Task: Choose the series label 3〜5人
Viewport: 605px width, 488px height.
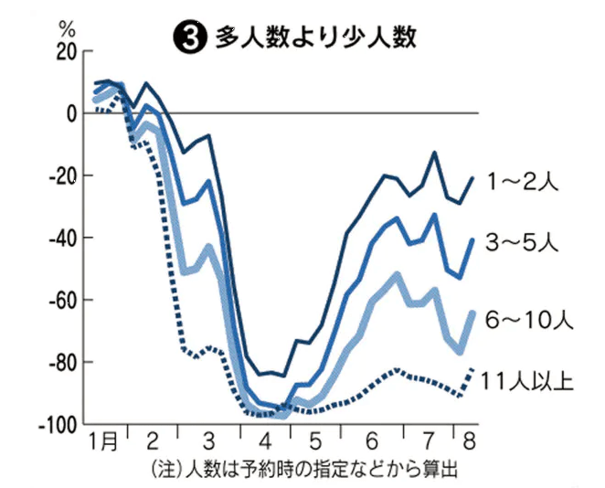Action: (x=521, y=244)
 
